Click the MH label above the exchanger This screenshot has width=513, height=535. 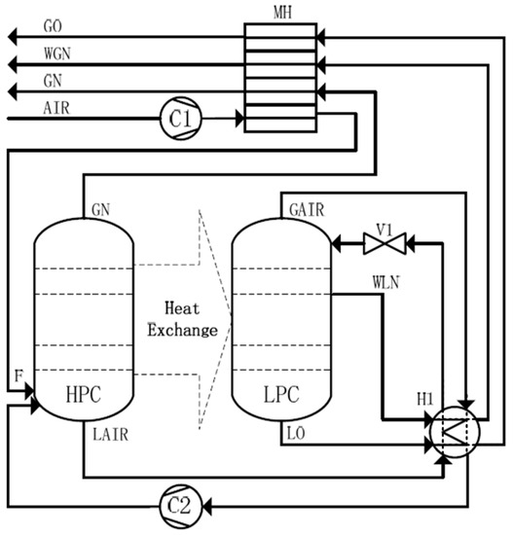[275, 12]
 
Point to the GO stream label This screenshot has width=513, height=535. [55, 24]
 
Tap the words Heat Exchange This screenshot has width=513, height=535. [182, 318]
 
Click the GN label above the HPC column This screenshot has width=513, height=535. [101, 208]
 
